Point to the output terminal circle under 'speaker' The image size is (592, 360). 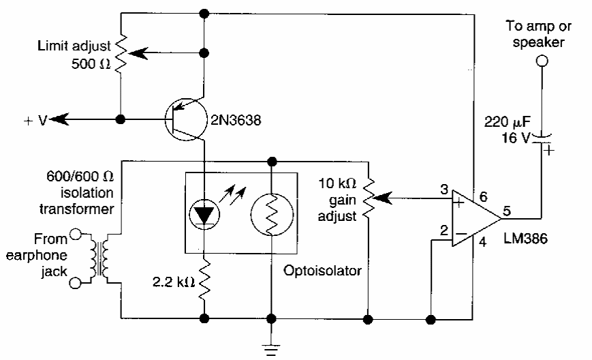click(x=541, y=61)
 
